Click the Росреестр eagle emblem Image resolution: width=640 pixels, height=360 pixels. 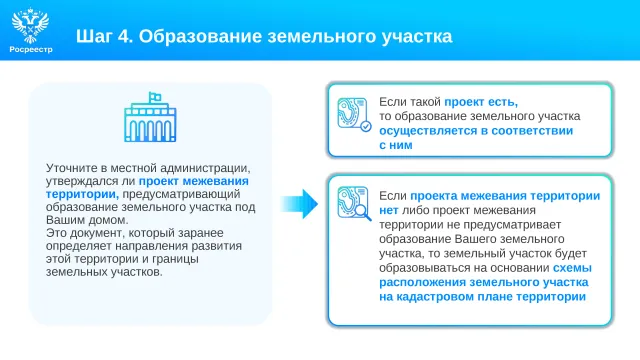(30, 25)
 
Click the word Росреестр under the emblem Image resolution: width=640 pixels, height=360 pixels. (31, 49)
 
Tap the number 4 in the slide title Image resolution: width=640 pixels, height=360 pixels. (123, 36)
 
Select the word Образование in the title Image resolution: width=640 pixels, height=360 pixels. (200, 36)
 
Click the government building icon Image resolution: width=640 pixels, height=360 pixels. (150, 117)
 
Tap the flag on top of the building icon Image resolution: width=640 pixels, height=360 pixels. (155, 97)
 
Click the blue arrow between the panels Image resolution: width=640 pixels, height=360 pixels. (299, 204)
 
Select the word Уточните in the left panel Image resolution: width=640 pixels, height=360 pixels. (71, 168)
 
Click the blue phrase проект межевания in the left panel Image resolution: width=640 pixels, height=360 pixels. (193, 181)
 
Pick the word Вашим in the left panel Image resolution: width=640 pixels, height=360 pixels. (62, 220)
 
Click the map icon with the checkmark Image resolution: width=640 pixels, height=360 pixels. (354, 114)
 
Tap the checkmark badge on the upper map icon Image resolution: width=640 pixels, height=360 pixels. (366, 127)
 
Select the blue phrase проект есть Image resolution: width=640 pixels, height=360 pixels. (481, 102)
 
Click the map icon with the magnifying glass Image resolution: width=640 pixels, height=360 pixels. (354, 203)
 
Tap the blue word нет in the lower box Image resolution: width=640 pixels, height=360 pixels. (389, 211)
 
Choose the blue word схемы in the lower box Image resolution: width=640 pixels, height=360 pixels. (572, 268)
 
